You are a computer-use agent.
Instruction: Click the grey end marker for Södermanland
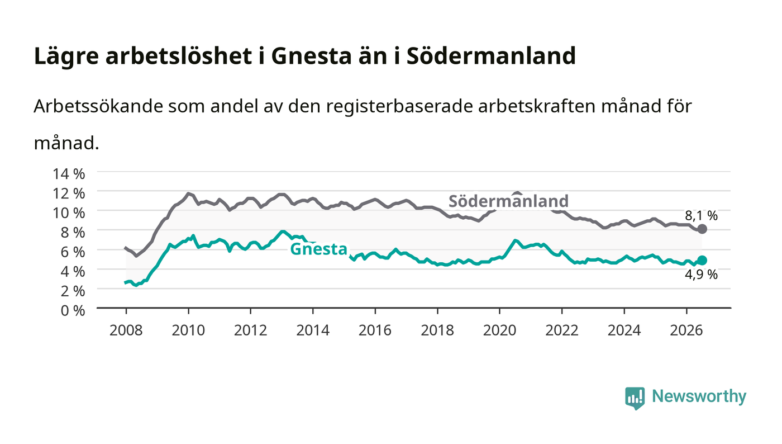(702, 229)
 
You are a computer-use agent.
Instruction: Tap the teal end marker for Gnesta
(702, 260)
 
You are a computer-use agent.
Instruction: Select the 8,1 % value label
(701, 216)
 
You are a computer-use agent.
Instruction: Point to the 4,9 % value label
(701, 275)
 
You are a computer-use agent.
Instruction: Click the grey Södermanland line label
(508, 201)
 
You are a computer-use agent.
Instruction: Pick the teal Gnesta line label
(319, 249)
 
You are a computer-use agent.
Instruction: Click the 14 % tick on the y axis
(69, 174)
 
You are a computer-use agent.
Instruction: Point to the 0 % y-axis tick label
(73, 310)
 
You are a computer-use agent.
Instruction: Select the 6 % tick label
(73, 252)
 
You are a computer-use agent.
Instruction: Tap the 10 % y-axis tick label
(69, 213)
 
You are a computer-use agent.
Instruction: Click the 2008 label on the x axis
(126, 330)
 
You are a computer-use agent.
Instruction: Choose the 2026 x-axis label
(686, 330)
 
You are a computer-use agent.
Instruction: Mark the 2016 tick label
(375, 330)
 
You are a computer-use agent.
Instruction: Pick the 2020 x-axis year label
(499, 330)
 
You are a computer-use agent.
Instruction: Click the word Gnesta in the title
(312, 56)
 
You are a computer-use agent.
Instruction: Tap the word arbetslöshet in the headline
(178, 55)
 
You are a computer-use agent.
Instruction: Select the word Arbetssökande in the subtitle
(98, 106)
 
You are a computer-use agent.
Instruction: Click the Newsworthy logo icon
(635, 398)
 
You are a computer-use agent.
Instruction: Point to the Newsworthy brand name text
(699, 396)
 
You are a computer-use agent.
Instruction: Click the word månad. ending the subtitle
(66, 143)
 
